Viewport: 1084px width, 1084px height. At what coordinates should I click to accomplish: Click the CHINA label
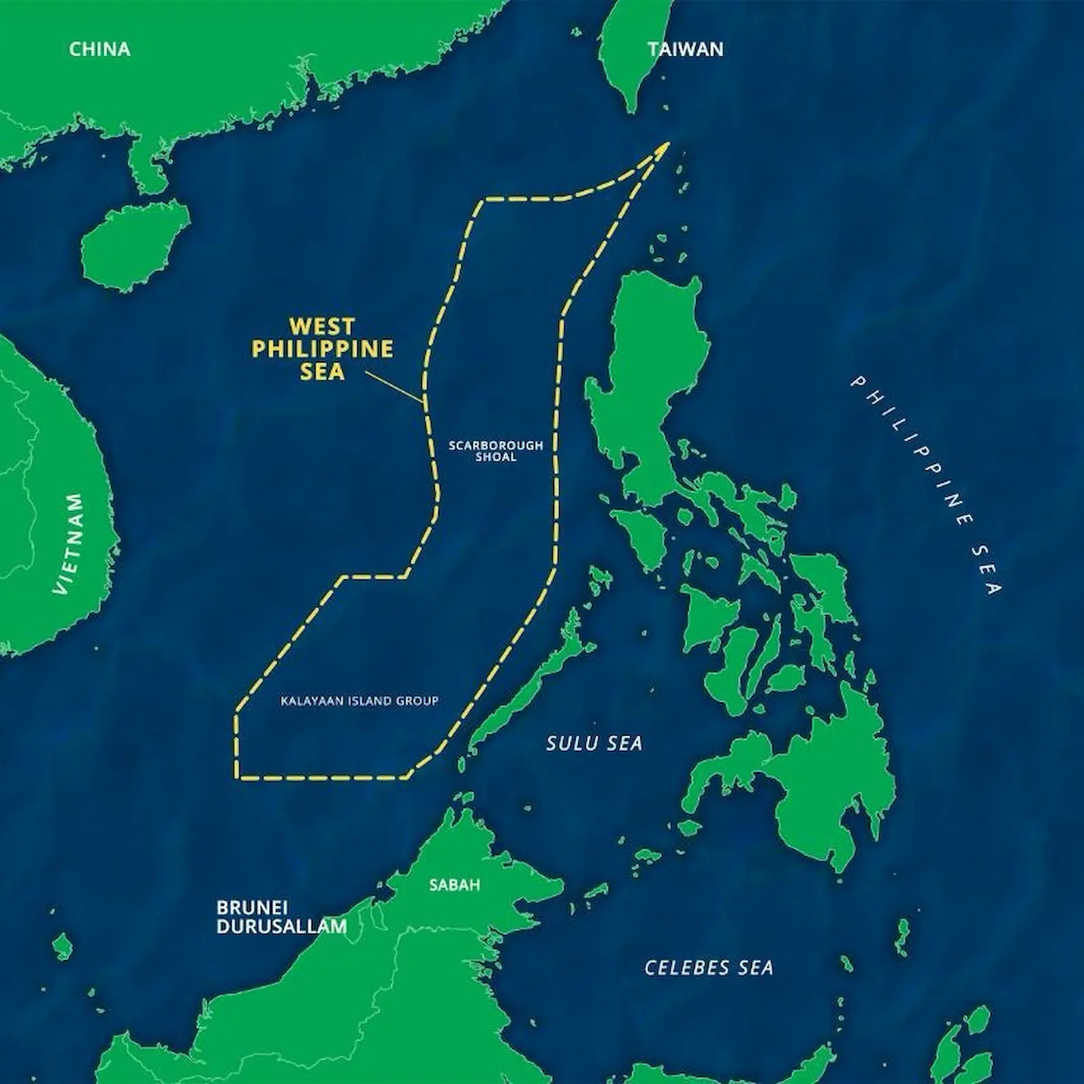tap(100, 49)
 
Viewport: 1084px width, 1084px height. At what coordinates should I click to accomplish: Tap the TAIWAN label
tap(685, 49)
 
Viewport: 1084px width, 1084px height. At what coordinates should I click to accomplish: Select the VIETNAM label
tap(70, 544)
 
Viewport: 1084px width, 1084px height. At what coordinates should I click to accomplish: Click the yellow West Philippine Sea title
tap(322, 349)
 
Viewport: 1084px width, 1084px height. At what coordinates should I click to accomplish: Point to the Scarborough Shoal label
tap(496, 451)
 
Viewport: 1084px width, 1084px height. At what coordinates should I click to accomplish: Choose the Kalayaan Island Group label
tap(359, 701)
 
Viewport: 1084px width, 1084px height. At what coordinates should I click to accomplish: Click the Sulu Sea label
tap(594, 743)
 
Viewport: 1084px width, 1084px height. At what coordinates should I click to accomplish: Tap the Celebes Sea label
tap(709, 967)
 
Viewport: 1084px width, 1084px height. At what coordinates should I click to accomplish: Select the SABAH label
tap(455, 885)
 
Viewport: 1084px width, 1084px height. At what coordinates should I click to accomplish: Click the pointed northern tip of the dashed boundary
tap(667, 144)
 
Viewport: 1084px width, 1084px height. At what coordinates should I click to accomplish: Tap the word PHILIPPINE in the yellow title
tap(322, 349)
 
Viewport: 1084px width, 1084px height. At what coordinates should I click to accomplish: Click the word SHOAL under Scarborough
tap(496, 457)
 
